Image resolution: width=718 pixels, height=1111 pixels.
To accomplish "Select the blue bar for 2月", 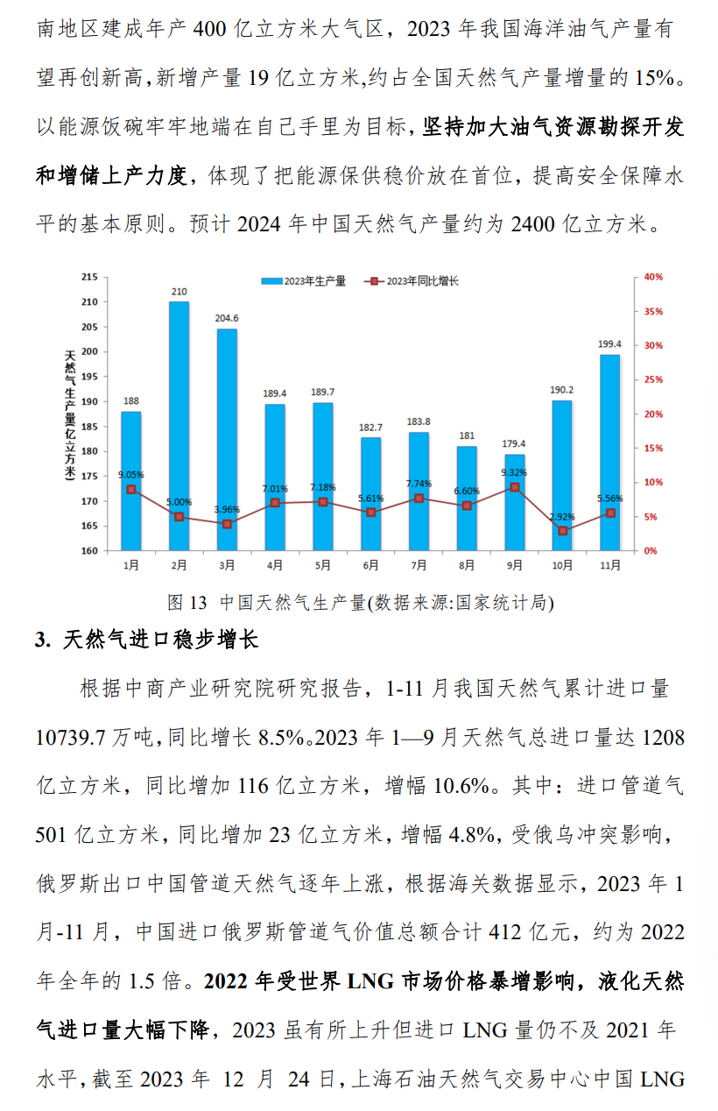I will pos(179,426).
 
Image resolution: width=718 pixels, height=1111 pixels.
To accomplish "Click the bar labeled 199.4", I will pos(609,452).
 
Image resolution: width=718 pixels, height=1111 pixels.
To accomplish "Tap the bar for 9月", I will pos(514,502).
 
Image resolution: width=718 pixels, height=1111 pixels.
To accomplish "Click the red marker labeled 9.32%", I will pos(514,487).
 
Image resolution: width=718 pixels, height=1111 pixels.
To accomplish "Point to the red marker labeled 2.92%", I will pos(562,531).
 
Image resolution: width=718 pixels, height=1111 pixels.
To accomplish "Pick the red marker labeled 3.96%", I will pos(227,524).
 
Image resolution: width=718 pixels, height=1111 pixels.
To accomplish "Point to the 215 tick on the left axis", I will pos(88,277).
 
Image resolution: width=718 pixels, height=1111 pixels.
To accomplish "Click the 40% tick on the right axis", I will pos(653,277).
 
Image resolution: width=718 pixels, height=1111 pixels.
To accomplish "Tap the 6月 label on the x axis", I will pos(370,565).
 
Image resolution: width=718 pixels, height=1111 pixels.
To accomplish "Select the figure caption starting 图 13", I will pos(359,603).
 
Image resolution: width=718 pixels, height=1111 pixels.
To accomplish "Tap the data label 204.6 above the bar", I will pos(227,318).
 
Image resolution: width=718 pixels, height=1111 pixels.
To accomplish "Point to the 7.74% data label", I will pos(419,484).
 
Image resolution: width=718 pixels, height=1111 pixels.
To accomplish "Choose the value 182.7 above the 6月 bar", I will pos(370,427).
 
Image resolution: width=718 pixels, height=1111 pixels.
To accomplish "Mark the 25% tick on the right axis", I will pos(653,379).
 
